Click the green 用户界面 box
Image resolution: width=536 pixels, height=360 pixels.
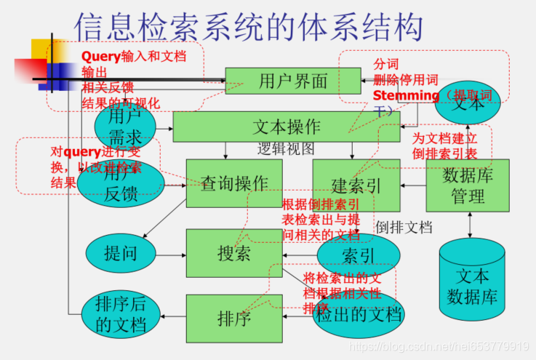point(292,80)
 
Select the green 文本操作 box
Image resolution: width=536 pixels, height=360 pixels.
point(286,127)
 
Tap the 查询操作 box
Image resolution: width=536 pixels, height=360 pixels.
point(233,183)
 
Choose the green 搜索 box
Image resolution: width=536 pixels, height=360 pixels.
point(233,253)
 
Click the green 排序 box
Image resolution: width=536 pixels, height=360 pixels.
point(233,317)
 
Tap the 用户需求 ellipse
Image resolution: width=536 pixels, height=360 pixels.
point(124,126)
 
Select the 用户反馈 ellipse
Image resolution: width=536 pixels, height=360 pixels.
point(120,184)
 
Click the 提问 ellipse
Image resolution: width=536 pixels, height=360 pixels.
point(120,254)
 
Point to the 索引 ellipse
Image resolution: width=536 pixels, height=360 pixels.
point(358,255)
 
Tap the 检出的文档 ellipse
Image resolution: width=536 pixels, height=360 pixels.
point(357,314)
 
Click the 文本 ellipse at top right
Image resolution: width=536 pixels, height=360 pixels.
point(468,103)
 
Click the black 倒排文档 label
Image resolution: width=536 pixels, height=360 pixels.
point(404,226)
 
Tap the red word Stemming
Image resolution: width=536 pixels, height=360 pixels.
point(406,95)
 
